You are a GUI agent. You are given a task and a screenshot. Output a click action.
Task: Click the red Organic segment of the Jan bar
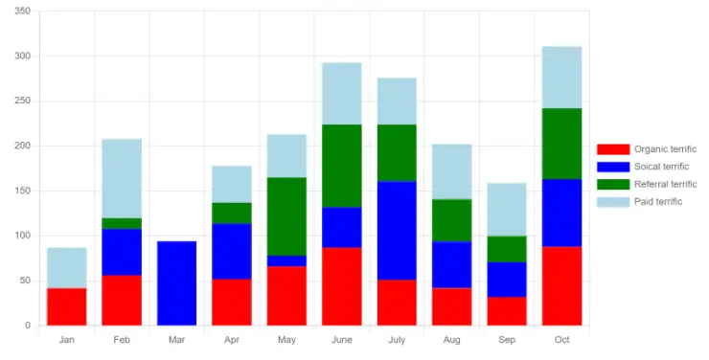67,306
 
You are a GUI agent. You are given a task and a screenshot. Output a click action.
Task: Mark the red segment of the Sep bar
507,311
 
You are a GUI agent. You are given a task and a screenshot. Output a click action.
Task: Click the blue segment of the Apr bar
232,251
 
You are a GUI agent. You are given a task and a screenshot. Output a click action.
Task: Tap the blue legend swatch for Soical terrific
613,167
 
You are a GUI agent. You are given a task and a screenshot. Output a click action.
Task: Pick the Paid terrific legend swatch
613,202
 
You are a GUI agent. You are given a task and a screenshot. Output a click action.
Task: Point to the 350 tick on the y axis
22,11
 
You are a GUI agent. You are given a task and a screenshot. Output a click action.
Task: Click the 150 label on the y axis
22,191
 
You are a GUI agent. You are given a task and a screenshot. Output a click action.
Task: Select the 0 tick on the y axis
27,326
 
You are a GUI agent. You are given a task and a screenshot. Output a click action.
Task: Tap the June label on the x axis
342,340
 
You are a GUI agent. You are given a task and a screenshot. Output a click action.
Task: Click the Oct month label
561,340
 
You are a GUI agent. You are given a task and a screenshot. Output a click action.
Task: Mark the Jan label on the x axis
67,340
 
